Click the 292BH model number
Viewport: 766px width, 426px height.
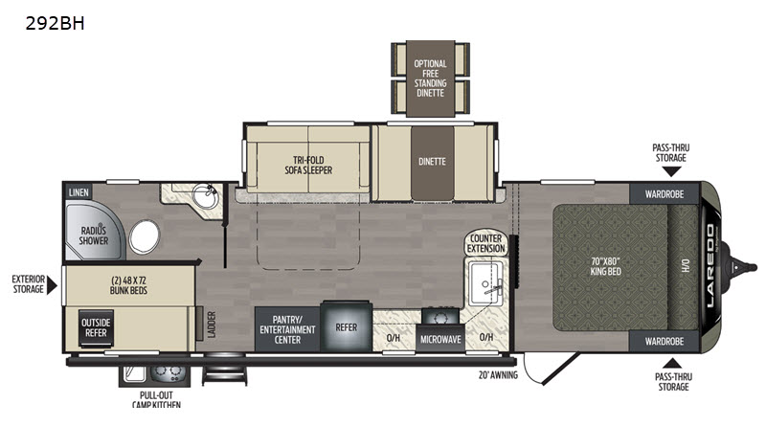(x=55, y=23)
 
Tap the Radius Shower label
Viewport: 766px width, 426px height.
(x=94, y=235)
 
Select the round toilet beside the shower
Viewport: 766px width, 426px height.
(x=145, y=236)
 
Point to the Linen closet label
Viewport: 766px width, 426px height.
(x=79, y=192)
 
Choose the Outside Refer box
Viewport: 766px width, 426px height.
(x=97, y=327)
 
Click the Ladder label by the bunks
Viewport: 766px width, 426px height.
(x=212, y=325)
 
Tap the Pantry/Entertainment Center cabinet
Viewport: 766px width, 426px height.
(x=287, y=329)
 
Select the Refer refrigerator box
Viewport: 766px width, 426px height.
(x=347, y=326)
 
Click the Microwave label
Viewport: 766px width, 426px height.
(x=440, y=339)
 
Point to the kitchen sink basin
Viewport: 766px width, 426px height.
(x=484, y=282)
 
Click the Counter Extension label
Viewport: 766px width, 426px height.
(x=485, y=243)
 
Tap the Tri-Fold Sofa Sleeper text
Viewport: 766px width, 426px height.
(x=308, y=165)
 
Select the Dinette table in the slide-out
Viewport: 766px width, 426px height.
(x=433, y=163)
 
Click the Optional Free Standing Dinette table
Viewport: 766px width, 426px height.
(x=430, y=78)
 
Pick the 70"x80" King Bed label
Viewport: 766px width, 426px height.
(x=605, y=266)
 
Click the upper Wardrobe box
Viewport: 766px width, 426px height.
(x=665, y=193)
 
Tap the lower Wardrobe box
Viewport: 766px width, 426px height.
(x=665, y=341)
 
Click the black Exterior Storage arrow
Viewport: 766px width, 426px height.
(x=52, y=285)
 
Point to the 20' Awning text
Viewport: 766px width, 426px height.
(x=498, y=375)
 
